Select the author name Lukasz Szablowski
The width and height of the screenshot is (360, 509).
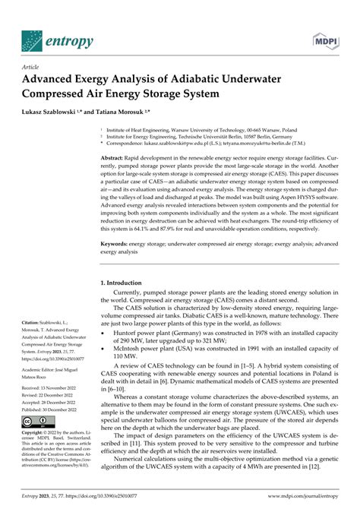pos(58,112)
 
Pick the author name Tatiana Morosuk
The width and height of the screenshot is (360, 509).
pos(133,112)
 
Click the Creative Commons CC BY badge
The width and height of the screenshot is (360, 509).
pos(37,421)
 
